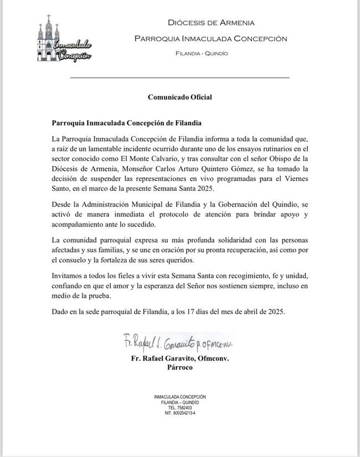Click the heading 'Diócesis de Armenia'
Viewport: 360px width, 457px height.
[x=211, y=23]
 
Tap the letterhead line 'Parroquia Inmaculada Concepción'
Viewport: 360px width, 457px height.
[x=211, y=39]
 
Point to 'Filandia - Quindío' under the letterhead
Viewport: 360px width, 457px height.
[x=201, y=54]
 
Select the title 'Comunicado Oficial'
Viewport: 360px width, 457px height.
[x=180, y=97]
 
